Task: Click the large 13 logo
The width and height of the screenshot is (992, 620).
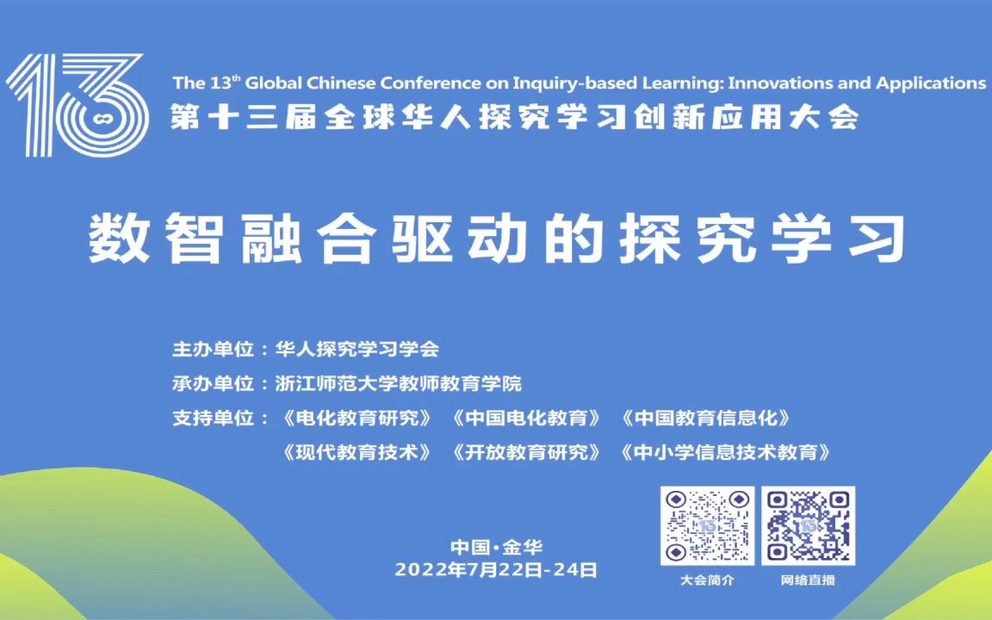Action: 76,104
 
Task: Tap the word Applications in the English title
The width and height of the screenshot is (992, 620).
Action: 931,84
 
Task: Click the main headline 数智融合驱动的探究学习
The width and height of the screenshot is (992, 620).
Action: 496,237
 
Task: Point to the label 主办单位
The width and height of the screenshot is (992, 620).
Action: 214,350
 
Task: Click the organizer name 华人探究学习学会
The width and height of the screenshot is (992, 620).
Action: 356,350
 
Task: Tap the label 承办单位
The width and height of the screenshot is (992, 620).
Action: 214,383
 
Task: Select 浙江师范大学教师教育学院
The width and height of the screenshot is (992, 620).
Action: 398,383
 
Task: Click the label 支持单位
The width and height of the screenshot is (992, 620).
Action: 214,418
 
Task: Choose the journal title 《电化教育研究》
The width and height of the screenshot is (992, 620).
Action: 356,418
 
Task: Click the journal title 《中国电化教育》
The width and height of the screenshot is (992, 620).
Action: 525,418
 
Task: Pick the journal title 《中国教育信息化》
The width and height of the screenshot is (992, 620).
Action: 704,418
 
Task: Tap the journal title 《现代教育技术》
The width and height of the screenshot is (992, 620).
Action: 356,452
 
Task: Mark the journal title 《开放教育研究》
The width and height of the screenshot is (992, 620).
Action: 525,452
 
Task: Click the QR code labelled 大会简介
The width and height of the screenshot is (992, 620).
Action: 707,525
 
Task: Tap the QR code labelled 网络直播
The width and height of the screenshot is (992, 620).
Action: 808,525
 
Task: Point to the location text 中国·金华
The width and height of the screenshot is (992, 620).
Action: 496,547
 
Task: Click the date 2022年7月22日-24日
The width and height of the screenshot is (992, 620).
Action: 496,569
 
